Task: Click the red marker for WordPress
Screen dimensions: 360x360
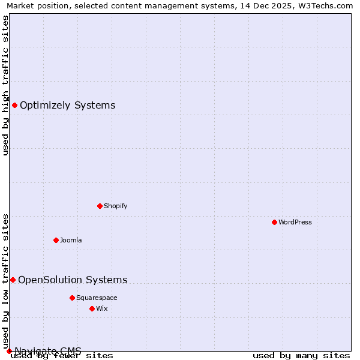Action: pos(274,222)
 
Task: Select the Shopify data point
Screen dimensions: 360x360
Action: pos(100,206)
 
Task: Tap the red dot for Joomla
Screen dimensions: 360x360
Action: pos(56,240)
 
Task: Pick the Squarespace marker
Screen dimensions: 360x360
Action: pos(72,298)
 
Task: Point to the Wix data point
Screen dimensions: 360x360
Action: pos(92,308)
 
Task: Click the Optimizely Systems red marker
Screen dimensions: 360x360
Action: pos(14,106)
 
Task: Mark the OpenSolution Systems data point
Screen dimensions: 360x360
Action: pos(13,280)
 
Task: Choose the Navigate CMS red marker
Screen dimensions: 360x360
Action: pos(9,351)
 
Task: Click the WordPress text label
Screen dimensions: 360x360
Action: pos(295,222)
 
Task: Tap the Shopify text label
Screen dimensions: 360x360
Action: pos(116,206)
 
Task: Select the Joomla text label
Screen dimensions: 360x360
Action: pos(71,240)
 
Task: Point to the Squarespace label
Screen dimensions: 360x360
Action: pos(97,298)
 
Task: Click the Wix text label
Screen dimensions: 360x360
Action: pos(102,308)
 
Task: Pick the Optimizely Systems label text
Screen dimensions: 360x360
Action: pos(68,106)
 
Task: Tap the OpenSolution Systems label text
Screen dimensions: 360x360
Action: pos(73,280)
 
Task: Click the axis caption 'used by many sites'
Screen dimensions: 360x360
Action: pos(301,356)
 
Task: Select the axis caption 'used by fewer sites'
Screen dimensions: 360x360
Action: pos(62,356)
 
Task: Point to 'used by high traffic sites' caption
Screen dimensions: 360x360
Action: pos(6,85)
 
